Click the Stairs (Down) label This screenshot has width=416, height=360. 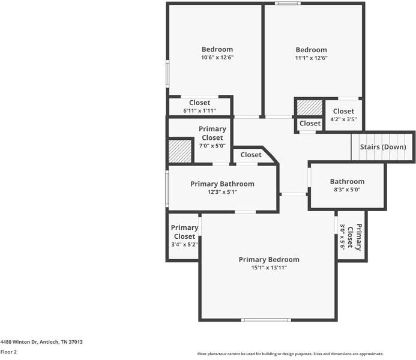pyautogui.click(x=383, y=147)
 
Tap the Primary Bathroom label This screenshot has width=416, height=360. pyautogui.click(x=222, y=184)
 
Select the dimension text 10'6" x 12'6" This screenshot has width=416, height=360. pyautogui.click(x=217, y=58)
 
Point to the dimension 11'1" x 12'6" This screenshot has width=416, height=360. pyautogui.click(x=311, y=58)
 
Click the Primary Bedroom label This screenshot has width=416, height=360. pyautogui.click(x=268, y=259)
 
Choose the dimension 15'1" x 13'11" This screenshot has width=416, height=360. pyautogui.click(x=268, y=268)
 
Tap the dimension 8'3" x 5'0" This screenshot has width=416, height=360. pyautogui.click(x=346, y=190)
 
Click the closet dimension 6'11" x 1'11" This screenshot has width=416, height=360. pyautogui.click(x=199, y=111)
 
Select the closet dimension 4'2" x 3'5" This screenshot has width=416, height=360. pyautogui.click(x=343, y=119)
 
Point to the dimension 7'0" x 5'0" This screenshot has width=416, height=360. pyautogui.click(x=213, y=146)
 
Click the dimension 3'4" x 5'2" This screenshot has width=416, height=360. pyautogui.click(x=184, y=245)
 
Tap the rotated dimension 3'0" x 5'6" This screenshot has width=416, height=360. pyautogui.click(x=343, y=236)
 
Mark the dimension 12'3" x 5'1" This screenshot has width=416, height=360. pyautogui.click(x=222, y=192)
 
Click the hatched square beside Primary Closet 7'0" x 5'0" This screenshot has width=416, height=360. pyautogui.click(x=179, y=151)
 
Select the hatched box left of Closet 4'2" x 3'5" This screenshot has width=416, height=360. pyautogui.click(x=310, y=108)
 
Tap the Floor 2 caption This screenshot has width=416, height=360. pyautogui.click(x=8, y=352)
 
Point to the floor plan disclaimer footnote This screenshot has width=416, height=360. pyautogui.click(x=291, y=354)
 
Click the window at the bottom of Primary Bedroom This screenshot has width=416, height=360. pyautogui.click(x=266, y=320)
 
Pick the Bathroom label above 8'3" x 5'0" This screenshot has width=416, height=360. pyautogui.click(x=347, y=181)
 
